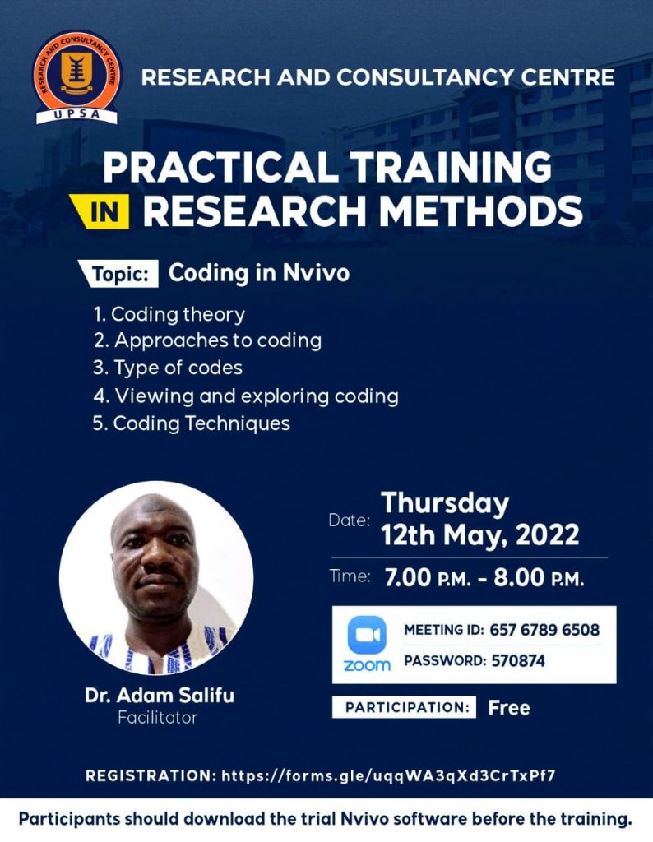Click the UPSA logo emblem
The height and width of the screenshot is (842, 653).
[76, 77]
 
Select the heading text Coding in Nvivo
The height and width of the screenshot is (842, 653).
[258, 273]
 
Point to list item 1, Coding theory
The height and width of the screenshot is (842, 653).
[169, 314]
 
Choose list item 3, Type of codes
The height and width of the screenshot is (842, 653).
[168, 368]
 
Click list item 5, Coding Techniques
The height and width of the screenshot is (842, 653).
[192, 423]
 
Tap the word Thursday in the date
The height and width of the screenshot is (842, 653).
[445, 503]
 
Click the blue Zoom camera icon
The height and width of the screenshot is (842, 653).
[367, 635]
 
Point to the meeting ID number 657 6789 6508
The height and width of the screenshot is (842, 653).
[544, 631]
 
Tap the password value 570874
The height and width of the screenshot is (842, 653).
[517, 660]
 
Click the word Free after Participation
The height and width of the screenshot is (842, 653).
[508, 707]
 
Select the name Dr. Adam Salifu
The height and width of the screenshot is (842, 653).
[159, 696]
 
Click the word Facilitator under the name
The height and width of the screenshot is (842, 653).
[158, 718]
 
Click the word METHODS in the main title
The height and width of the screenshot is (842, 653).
[478, 210]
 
